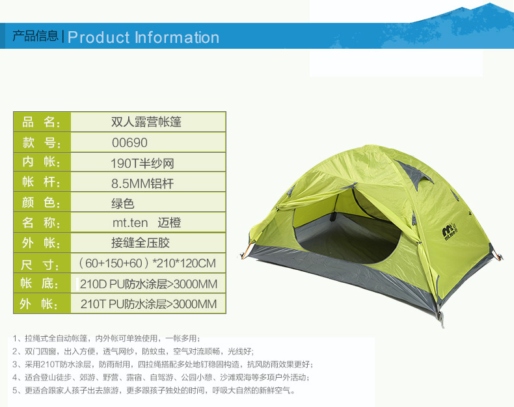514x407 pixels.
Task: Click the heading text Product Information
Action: pos(143,37)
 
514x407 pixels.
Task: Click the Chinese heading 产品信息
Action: pos(35,36)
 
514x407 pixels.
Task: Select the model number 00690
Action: pos(130,143)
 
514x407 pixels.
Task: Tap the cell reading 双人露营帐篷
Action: pos(146,122)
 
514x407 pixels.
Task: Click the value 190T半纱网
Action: pos(142,163)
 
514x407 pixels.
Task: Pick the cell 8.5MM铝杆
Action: pos(142,183)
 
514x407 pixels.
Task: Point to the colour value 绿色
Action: pos(122,203)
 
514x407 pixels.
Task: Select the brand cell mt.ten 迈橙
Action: pos(146,223)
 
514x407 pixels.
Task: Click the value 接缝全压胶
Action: pos(141,243)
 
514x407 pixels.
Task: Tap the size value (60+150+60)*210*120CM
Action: pos(147,263)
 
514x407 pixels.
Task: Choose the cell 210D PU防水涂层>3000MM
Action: pos(148,283)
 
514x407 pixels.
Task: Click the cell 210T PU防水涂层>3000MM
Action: pos(148,304)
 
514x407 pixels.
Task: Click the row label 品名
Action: pos(41,122)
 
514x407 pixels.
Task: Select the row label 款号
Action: pos(41,143)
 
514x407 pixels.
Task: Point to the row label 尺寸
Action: pos(40,264)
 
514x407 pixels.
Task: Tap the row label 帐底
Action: pos(40,283)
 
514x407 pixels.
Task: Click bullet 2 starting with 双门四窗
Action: pos(133,352)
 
